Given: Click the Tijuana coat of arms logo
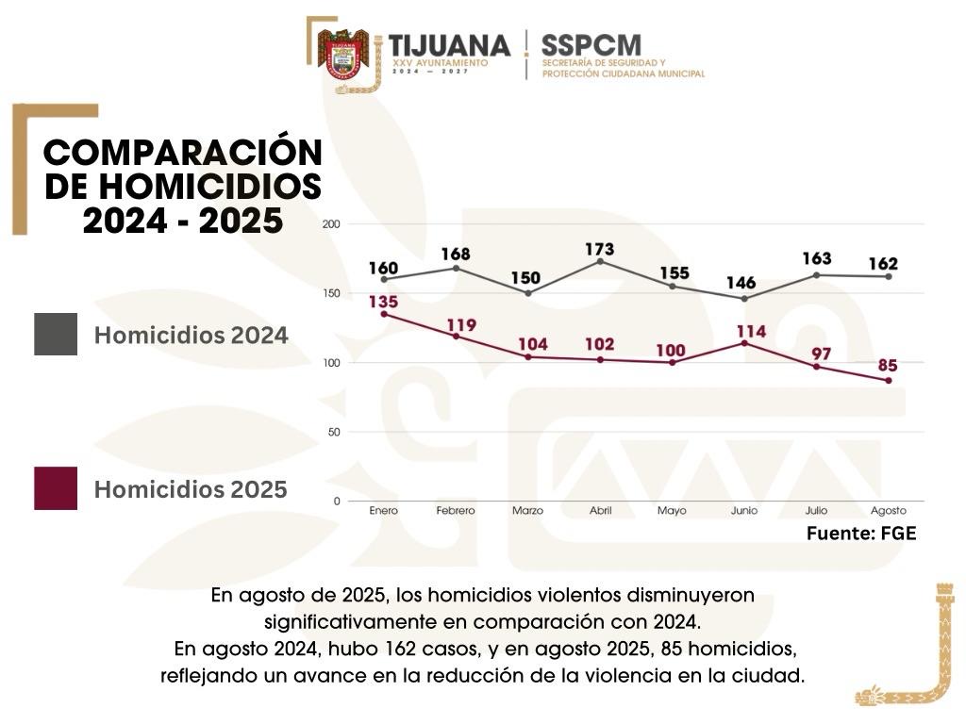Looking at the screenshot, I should coord(342,54).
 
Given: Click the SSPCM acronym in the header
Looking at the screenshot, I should coord(591,44).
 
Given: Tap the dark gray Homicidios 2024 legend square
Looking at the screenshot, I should coord(56,334).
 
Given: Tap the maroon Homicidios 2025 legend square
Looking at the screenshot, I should coord(56,488).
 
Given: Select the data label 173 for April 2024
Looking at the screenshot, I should coord(599,250).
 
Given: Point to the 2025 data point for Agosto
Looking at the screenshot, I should coord(889,380).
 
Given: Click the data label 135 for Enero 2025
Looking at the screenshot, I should coord(383,302).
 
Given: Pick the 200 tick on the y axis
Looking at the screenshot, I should coord(331,224).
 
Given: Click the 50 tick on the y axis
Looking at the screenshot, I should coord(333,432).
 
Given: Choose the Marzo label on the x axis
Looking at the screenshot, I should coord(527,511).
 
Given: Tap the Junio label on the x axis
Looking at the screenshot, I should coord(744,511).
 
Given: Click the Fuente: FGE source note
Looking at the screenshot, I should coord(860,534).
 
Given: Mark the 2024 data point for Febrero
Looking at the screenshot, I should coord(456,268).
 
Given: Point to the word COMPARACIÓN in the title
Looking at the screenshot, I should coord(183,154).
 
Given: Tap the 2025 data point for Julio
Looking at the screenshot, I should coord(816,366).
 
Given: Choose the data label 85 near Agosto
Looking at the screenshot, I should coord(888,365).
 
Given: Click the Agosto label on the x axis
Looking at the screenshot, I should coord(889,511).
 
